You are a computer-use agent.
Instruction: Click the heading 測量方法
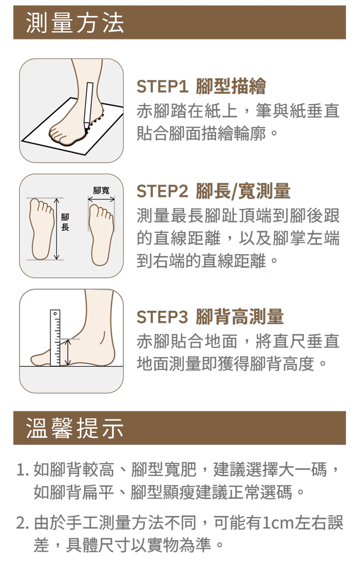75,23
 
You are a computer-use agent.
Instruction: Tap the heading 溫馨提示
75,428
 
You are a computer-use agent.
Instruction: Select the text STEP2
163,192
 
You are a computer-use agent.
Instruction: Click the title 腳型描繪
231,86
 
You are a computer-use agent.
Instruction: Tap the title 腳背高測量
240,317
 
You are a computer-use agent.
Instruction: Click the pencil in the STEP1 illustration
88,105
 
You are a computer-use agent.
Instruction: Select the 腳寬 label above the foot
101,190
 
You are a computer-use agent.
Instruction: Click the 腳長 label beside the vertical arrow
65,222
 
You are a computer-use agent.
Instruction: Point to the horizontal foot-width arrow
101,199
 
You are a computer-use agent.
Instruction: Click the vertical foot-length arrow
56,229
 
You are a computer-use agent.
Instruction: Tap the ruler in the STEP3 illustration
55,338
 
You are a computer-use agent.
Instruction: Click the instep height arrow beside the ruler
67,352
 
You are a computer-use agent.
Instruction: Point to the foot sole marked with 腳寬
102,235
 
